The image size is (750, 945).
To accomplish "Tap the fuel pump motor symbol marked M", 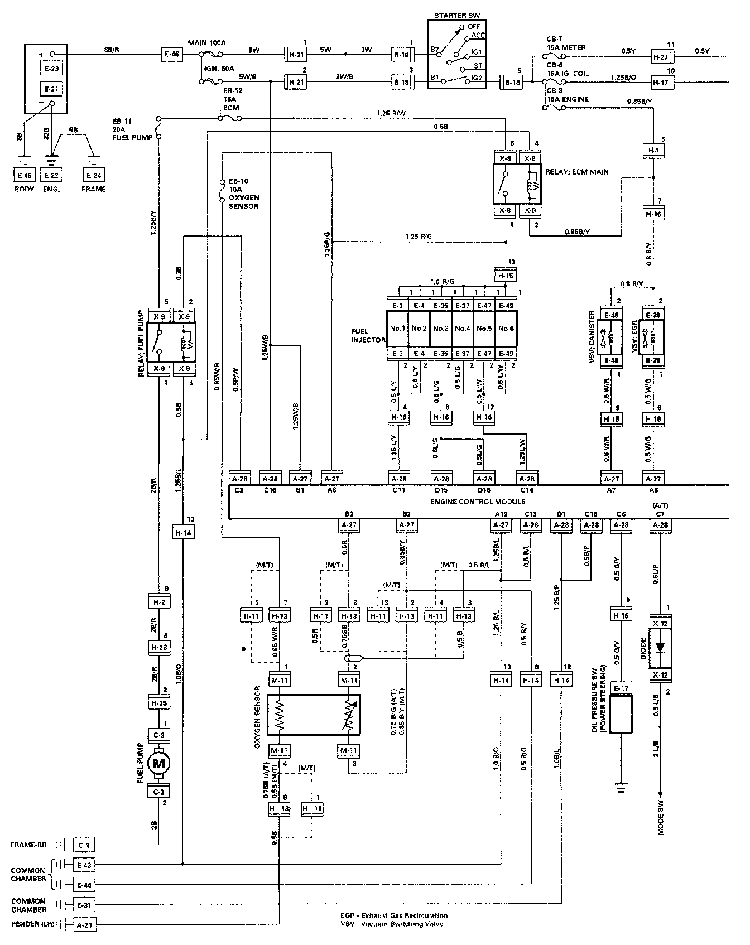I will tap(159, 763).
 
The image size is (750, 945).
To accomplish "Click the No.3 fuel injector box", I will tap(441, 328).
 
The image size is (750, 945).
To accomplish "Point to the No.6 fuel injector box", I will tap(506, 328).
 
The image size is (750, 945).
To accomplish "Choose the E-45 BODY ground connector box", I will tap(25, 175).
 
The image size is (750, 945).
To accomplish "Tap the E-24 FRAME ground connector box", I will tap(94, 175).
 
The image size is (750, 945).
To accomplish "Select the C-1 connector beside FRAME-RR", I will tap(84, 846).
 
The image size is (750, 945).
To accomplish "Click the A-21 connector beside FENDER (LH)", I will tap(84, 925).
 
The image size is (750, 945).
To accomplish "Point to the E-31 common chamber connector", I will tap(84, 905).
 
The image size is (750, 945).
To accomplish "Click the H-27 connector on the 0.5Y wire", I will tap(663, 56).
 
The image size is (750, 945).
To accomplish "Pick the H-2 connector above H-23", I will tap(159, 602).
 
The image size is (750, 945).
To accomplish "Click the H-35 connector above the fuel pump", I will tap(159, 703).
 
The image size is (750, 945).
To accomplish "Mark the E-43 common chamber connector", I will tap(84, 865).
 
